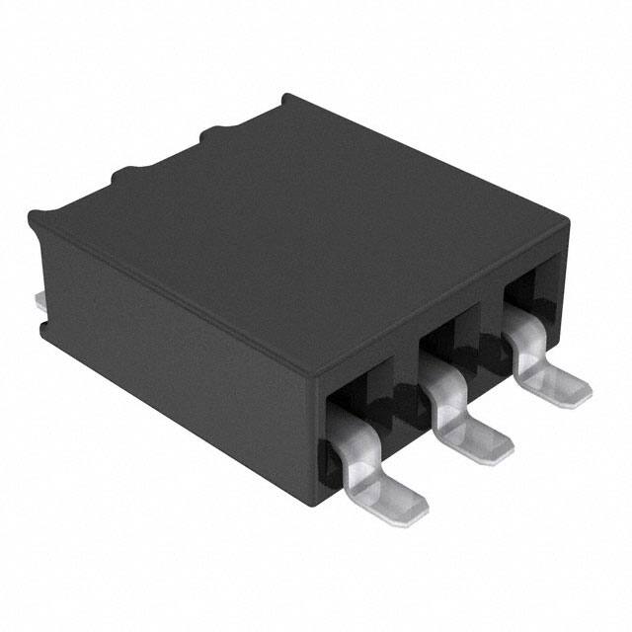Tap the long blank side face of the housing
coord(178,346)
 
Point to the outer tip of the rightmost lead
coord(583,392)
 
